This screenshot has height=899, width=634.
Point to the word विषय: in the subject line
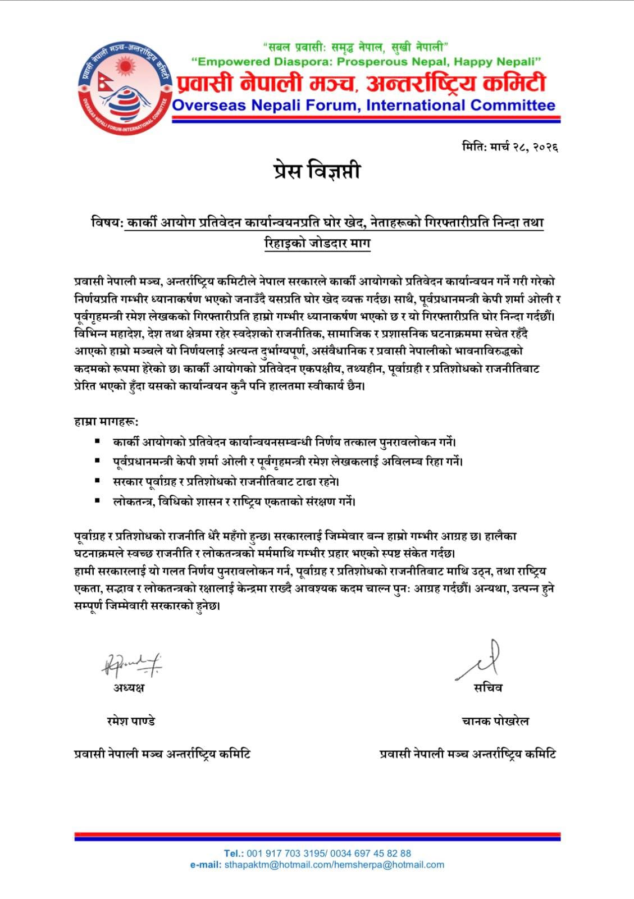[107, 223]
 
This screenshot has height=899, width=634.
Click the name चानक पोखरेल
[495, 721]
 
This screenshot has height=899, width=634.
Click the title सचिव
[488, 688]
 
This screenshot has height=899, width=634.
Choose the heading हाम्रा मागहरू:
[106, 421]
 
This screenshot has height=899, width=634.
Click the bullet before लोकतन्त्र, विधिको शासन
[98, 500]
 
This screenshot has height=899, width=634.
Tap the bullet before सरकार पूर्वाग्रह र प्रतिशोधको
[98, 481]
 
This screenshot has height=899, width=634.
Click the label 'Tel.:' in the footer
[234, 853]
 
